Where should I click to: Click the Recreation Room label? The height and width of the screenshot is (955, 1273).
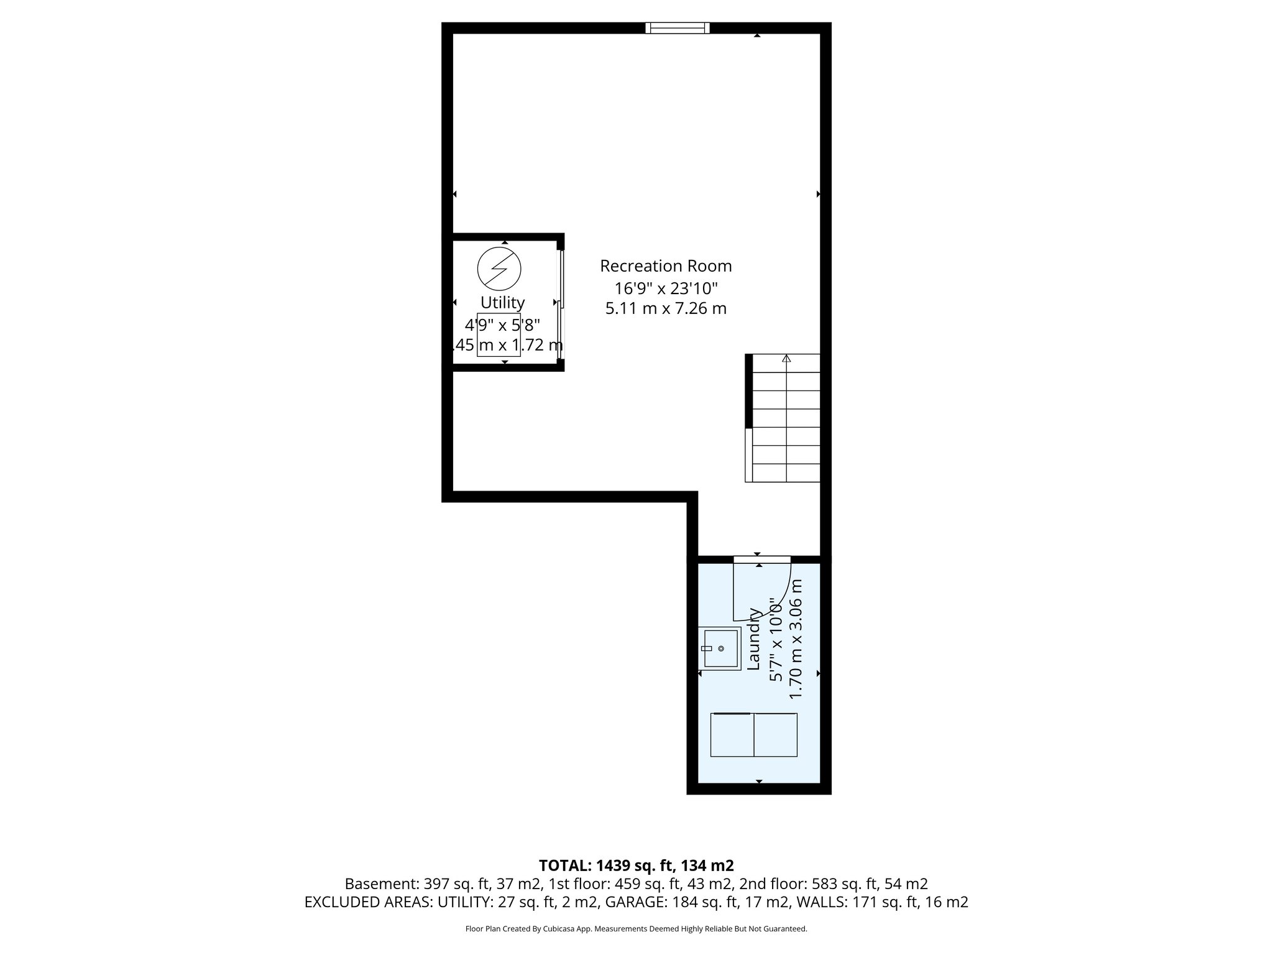point(666,266)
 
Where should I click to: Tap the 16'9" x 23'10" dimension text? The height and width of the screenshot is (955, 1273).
point(666,288)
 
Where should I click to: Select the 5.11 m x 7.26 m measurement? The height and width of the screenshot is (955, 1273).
point(666,308)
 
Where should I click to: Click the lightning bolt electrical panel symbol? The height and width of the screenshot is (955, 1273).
point(499,269)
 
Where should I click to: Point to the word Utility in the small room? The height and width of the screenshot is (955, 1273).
point(502,303)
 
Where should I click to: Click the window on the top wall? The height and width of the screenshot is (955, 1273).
point(677,27)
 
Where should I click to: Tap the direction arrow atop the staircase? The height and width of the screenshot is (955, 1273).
point(786,359)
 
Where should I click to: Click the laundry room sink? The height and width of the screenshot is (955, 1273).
point(720,648)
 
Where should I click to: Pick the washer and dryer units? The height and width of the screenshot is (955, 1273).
point(753,735)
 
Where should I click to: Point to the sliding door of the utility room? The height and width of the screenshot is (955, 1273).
point(561,304)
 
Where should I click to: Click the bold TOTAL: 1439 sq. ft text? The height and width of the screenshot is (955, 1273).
point(636,865)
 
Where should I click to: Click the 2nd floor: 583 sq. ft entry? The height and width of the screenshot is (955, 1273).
point(834,884)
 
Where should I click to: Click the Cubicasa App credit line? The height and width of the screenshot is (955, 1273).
point(636,929)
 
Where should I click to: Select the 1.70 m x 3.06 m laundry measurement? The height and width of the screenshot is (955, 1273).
point(796,639)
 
